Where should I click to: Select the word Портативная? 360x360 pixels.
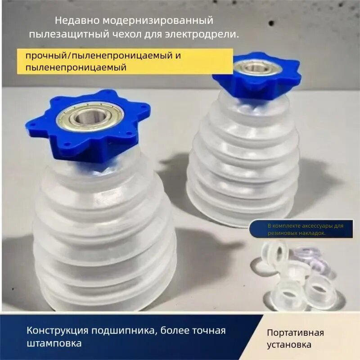(x=295, y=333)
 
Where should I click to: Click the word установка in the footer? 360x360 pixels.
(x=289, y=346)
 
